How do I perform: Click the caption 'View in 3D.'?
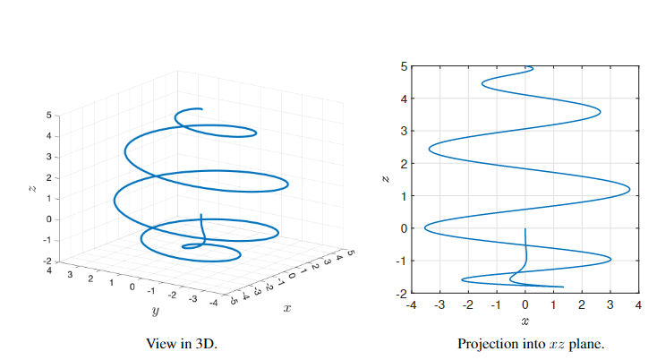pos(181,343)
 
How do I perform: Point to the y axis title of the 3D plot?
pos(155,313)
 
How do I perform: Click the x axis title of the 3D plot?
pos(286,308)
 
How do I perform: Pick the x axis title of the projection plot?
pos(525,321)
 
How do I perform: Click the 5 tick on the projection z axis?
pos(404,66)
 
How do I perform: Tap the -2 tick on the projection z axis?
pos(402,293)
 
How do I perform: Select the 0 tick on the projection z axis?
pos(404,228)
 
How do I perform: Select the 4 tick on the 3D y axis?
pos(50,269)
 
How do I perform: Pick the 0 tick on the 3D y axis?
pos(132,287)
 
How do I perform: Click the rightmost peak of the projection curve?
pos(629,190)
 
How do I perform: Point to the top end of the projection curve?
pos(533,67)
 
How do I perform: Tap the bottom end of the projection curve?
pos(563,287)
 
